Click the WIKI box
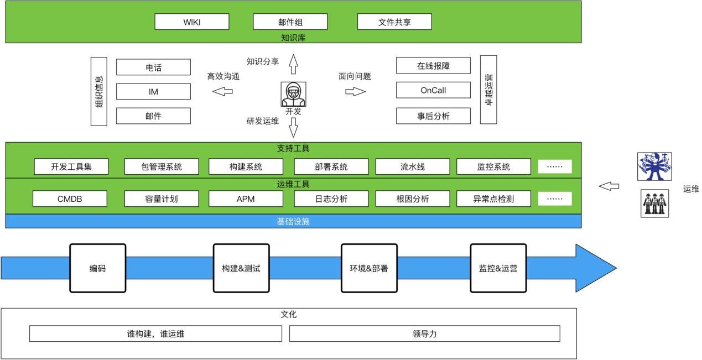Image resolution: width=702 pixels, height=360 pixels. (x=191, y=22)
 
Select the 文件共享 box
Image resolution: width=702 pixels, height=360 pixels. (x=394, y=22)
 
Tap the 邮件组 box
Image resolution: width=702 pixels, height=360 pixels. (x=290, y=22)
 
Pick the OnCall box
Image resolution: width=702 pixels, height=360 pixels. (x=433, y=90)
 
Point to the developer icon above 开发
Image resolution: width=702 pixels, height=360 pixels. (x=293, y=94)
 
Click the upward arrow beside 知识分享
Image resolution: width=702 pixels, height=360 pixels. (x=293, y=64)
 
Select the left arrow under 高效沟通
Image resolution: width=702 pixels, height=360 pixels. (x=223, y=91)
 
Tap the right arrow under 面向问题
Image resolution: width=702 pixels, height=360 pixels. (x=356, y=91)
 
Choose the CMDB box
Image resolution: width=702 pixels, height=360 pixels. (x=70, y=199)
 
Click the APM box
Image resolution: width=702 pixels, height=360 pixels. (x=246, y=199)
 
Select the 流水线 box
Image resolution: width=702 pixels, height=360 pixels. (x=413, y=166)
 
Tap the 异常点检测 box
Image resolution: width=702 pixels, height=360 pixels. (x=493, y=199)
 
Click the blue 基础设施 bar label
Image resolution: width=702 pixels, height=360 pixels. (x=293, y=221)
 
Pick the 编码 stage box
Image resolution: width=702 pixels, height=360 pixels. (x=97, y=268)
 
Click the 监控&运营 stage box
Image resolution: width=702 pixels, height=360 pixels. (x=498, y=268)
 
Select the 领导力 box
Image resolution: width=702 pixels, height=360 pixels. (x=424, y=333)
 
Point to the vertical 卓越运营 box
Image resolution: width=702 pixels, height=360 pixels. (x=488, y=90)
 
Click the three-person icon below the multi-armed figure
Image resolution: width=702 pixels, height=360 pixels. (x=654, y=204)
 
